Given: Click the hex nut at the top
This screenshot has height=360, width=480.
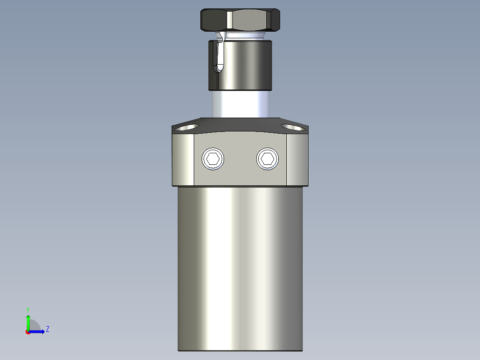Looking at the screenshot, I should tap(240, 20).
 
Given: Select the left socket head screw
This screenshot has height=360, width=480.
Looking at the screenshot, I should tap(213, 159).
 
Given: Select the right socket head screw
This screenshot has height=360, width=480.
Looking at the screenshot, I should tap(268, 159).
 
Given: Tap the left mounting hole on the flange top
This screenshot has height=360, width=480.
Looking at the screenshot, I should tap(186, 128).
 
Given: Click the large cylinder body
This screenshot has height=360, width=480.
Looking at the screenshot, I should tap(240, 267).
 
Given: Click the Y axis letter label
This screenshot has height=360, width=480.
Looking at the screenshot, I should tap(28, 309).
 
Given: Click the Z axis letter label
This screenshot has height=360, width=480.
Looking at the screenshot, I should tap(47, 329).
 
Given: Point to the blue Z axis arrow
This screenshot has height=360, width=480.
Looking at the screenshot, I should tap(37, 331).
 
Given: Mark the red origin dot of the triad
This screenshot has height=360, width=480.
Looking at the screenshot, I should tap(28, 332).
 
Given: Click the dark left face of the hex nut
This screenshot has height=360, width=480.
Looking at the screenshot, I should tap(214, 20).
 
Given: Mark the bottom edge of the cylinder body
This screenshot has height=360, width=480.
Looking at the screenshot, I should tap(240, 350).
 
